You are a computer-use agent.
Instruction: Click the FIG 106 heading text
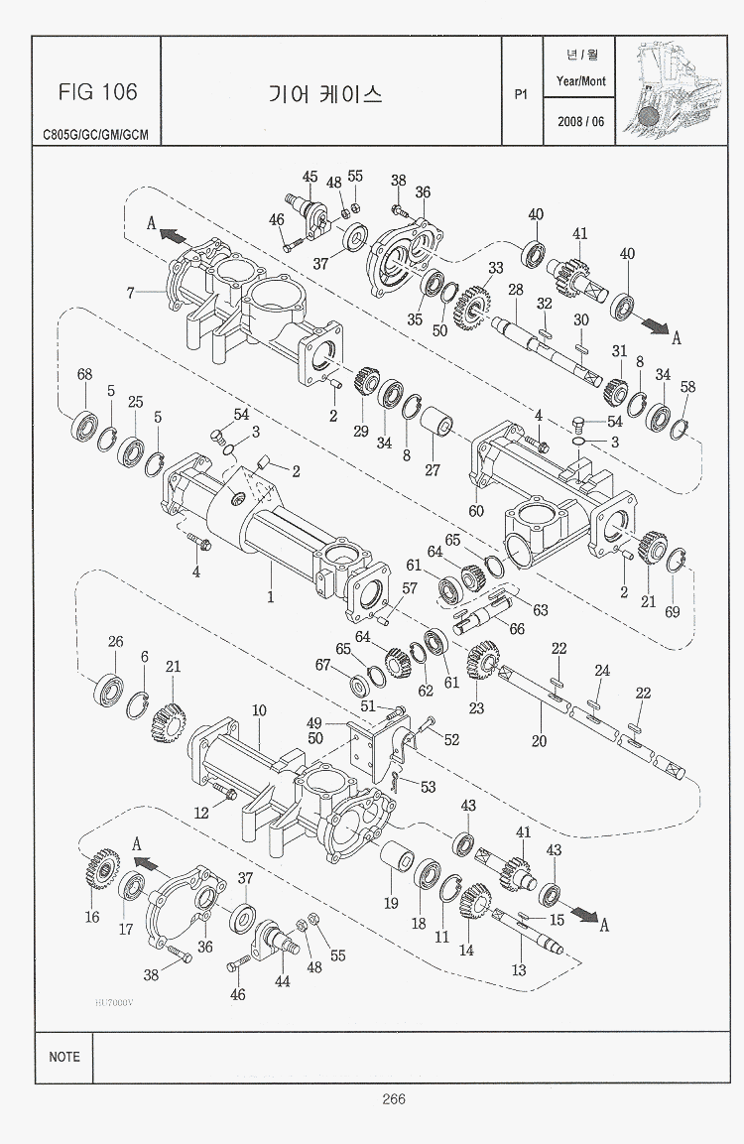tap(97, 92)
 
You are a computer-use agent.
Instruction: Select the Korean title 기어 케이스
tap(325, 94)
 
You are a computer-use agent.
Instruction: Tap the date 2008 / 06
tap(581, 121)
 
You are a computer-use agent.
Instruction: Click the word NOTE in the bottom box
tap(64, 1057)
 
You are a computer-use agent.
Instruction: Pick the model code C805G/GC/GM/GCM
tap(95, 134)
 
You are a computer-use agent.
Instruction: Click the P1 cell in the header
tap(520, 95)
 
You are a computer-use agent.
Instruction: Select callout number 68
tap(85, 374)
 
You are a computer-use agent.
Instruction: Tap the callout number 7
tap(130, 292)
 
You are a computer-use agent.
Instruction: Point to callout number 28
tap(515, 290)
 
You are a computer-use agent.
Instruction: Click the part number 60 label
tap(476, 511)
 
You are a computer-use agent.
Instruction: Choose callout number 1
tap(269, 598)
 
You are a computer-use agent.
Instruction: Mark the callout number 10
tap(259, 710)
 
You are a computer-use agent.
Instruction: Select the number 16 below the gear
tap(92, 917)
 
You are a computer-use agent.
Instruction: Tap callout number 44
tap(282, 982)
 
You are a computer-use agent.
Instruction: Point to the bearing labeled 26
tap(108, 688)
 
